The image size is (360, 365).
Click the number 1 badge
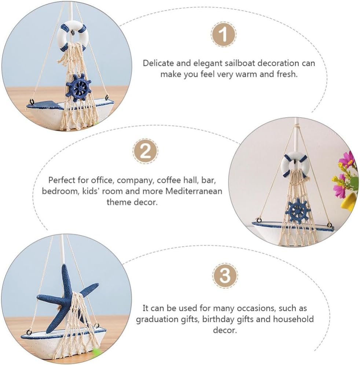(223, 34)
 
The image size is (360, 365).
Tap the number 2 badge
(145, 151)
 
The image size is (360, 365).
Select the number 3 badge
(225, 276)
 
